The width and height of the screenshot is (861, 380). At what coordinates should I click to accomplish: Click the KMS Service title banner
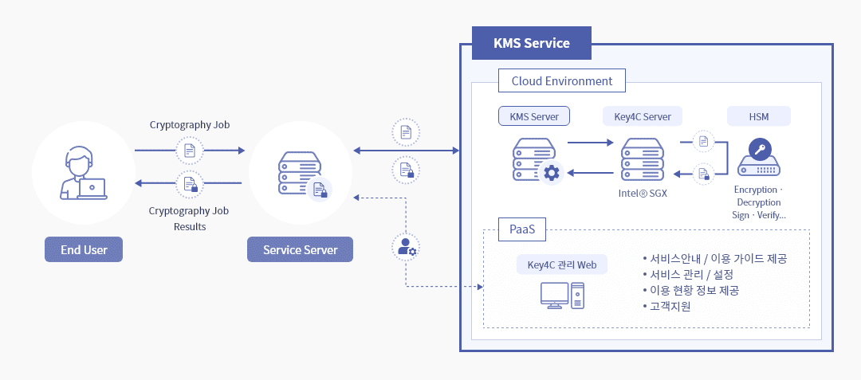click(532, 43)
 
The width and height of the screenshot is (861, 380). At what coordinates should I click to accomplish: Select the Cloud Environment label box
click(562, 81)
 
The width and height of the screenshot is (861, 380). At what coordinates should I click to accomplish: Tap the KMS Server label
click(534, 116)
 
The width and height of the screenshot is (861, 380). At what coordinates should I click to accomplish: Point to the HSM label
click(759, 116)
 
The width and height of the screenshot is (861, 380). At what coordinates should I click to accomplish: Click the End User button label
click(84, 249)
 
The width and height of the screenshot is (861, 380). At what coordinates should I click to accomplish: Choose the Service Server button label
click(300, 249)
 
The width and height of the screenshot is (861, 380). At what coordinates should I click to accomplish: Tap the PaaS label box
click(522, 229)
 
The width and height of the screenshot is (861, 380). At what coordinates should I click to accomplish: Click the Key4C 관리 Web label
click(562, 264)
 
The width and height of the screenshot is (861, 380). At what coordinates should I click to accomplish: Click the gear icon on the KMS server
click(550, 174)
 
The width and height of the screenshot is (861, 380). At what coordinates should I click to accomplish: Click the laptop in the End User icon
click(92, 189)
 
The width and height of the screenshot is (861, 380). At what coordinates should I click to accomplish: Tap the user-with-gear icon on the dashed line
click(407, 247)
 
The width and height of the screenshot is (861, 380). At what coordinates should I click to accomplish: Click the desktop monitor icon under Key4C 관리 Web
click(555, 295)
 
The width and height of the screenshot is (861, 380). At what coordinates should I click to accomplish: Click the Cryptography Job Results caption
click(190, 218)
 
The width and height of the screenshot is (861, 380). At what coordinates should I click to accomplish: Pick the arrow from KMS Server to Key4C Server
click(590, 143)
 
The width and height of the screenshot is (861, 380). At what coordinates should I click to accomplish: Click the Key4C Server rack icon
click(640, 159)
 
